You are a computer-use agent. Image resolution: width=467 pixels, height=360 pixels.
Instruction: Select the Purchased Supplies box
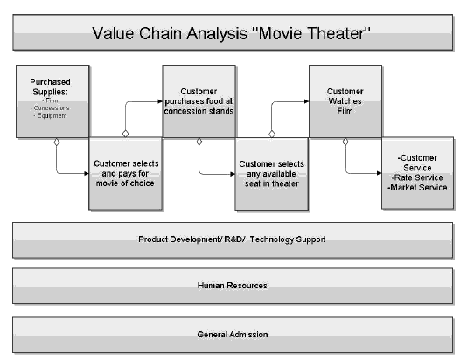(52, 100)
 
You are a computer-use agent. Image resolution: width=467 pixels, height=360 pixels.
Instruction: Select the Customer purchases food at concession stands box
(198, 100)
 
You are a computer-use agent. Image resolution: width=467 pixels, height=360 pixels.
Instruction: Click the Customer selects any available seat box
(271, 172)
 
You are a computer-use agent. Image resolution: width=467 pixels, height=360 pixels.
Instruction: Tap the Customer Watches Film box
(345, 100)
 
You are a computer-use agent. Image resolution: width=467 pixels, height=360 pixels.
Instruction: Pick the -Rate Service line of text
(418, 177)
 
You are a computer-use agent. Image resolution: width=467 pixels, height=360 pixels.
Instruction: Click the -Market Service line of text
(418, 187)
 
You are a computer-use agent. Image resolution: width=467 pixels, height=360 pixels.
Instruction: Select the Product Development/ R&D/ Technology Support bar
(232, 239)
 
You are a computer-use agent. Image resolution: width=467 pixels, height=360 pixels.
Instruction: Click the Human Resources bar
(232, 286)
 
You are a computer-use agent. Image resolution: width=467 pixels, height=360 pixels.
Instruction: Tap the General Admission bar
(232, 334)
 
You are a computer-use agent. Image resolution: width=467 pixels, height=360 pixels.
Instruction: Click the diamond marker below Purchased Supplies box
(56, 142)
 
